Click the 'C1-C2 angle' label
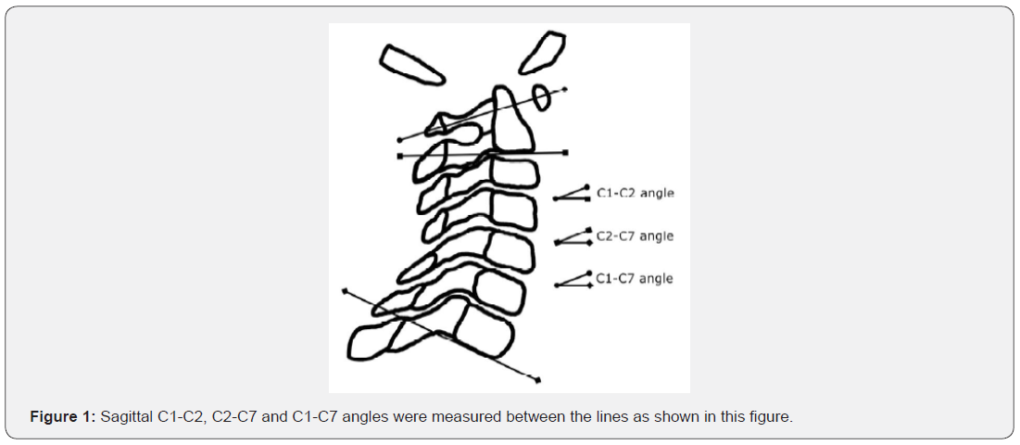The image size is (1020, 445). [x=635, y=193]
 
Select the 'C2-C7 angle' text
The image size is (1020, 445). [x=635, y=236]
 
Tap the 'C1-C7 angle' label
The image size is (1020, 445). [x=635, y=278]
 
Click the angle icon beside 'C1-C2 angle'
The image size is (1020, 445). [x=573, y=193]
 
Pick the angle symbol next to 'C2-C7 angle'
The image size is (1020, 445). [x=573, y=236]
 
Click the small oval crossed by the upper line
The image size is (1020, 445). [x=541, y=97]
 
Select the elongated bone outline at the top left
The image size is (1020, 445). [x=411, y=64]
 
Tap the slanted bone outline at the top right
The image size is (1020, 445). [x=543, y=51]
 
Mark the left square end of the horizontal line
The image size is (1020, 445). [x=400, y=156]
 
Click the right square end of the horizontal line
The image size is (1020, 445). [x=565, y=153]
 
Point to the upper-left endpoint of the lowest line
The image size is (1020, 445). [x=345, y=290]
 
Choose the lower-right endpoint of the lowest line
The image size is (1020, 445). [x=538, y=380]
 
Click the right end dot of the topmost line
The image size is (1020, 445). [x=564, y=89]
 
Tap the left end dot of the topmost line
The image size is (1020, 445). [x=399, y=140]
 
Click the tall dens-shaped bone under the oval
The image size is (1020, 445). [x=513, y=120]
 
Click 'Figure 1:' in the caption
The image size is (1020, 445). [x=63, y=417]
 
